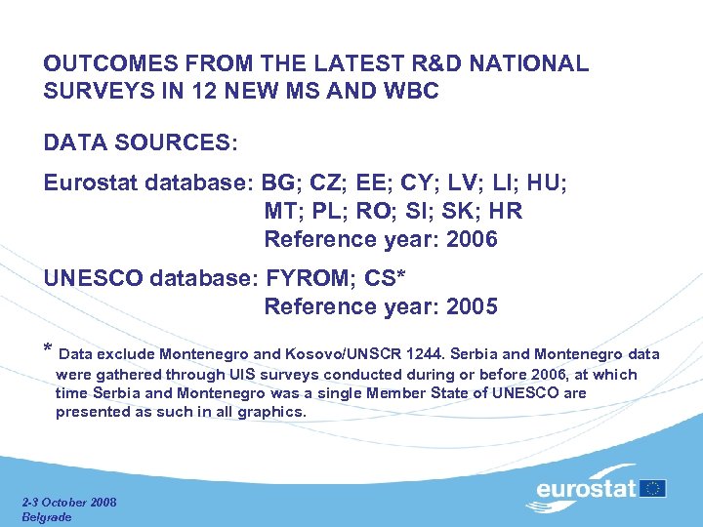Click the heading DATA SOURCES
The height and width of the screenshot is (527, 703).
140,142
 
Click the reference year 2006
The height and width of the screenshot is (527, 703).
471,239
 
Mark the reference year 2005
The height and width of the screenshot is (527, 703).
471,306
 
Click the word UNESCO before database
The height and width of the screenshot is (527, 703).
93,278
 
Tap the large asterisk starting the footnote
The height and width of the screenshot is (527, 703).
48,350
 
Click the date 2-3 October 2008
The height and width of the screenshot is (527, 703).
69,502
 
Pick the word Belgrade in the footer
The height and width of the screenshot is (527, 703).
47,516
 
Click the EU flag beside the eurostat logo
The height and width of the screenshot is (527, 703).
654,488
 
